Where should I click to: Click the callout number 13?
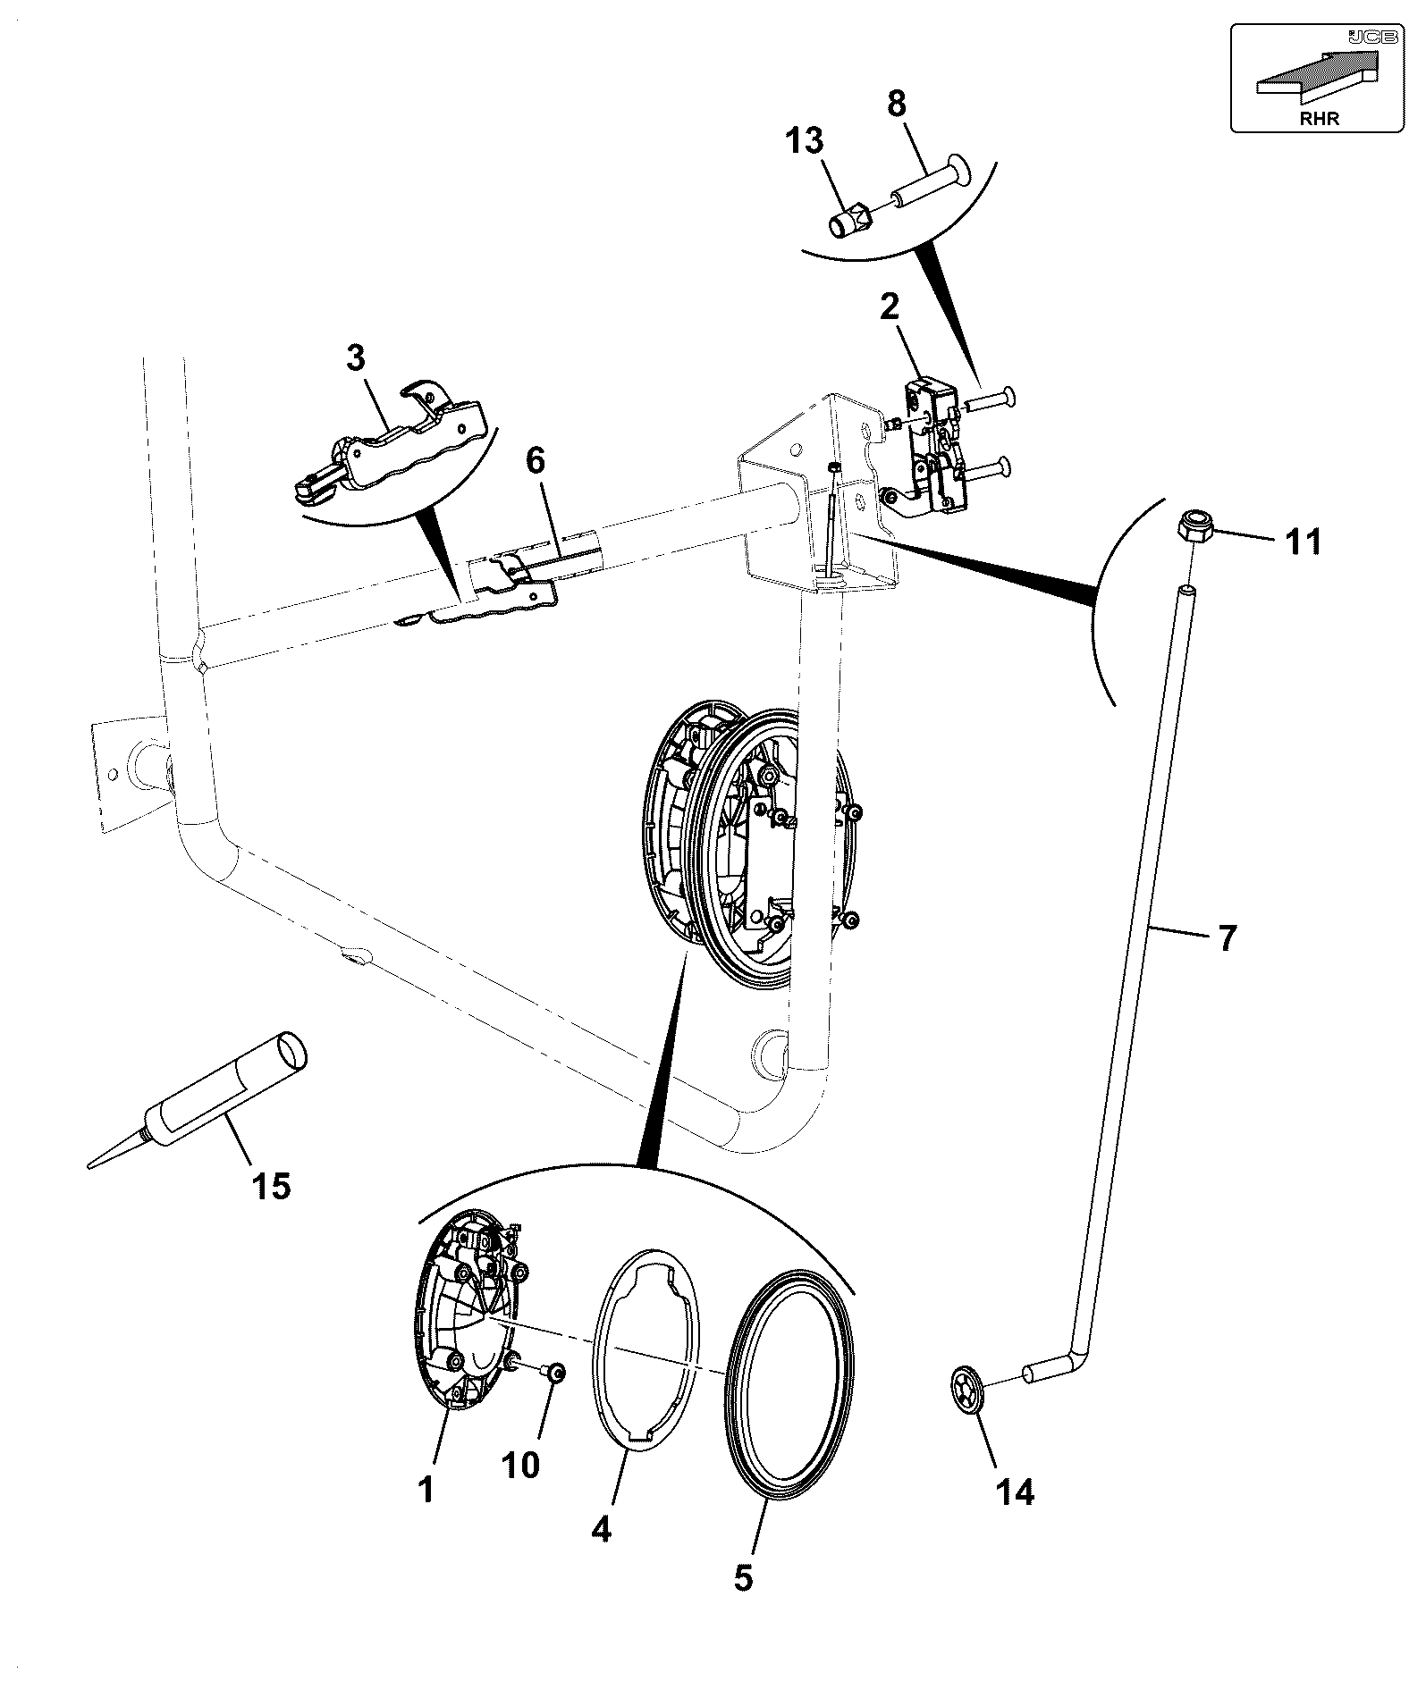805,140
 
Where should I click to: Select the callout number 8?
897,103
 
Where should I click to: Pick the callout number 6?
535,462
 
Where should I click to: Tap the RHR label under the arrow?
1321,117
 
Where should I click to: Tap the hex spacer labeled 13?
850,221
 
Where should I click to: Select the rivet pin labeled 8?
932,182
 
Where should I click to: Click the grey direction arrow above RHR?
1319,75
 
